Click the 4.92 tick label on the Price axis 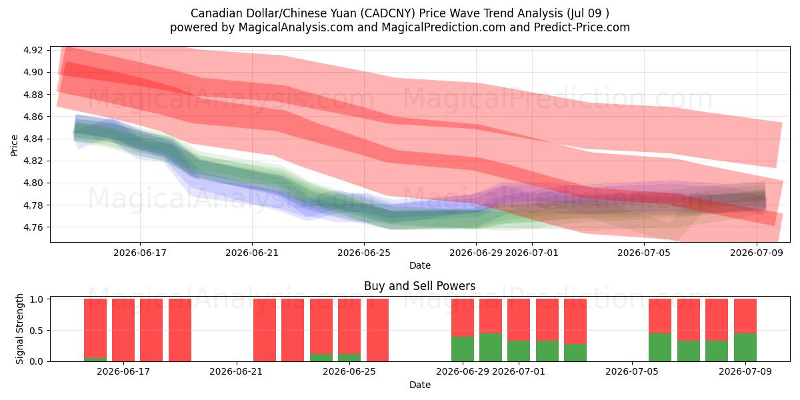point(33,50)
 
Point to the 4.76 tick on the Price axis point(33,227)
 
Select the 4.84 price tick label point(33,139)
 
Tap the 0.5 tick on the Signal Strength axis point(36,331)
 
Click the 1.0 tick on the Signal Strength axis point(36,299)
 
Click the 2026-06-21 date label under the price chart point(252,253)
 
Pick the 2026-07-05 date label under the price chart point(644,253)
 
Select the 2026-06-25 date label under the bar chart point(349,372)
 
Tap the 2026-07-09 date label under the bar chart point(745,372)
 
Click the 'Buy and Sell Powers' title point(419,286)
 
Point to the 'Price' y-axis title point(14,145)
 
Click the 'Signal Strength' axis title point(19,329)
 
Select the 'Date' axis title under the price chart point(419,266)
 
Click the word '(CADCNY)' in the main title point(387,13)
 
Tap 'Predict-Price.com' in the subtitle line point(582,27)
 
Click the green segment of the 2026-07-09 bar point(745,347)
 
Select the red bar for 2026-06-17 point(123,330)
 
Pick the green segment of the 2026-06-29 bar point(463,349)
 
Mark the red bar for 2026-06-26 point(377,330)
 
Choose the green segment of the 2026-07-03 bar point(575,353)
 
